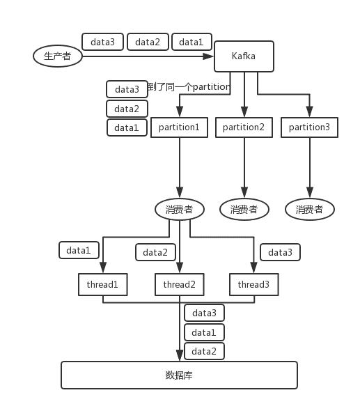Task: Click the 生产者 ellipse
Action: click(x=58, y=56)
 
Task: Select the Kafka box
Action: click(x=244, y=56)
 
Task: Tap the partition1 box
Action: click(x=179, y=127)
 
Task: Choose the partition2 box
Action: click(x=244, y=127)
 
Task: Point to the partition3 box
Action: click(x=309, y=127)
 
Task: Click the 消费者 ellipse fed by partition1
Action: click(x=180, y=209)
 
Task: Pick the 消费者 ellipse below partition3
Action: click(x=310, y=209)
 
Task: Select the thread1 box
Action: click(x=103, y=284)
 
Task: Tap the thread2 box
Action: click(x=180, y=284)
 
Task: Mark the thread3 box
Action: click(x=254, y=284)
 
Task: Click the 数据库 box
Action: click(x=179, y=375)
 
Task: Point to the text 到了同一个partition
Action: click(x=189, y=87)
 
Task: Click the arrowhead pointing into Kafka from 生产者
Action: click(x=209, y=56)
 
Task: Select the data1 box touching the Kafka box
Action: click(x=191, y=42)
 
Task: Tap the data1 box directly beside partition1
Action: click(x=127, y=127)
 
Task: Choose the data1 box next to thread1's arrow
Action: click(x=79, y=250)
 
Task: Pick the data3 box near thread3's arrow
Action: click(x=280, y=252)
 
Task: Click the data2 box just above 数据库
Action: click(x=204, y=351)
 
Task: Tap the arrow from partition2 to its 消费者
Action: click(x=244, y=168)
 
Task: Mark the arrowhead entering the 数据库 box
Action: click(x=180, y=355)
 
